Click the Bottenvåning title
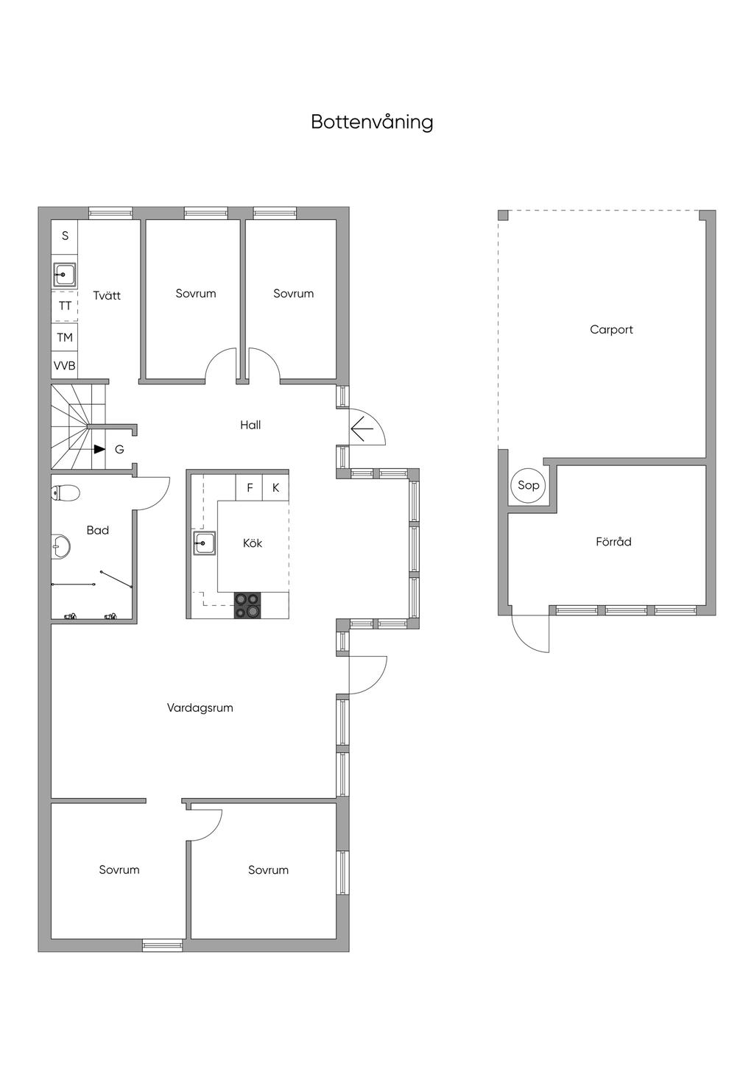[373, 122]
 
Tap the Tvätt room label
[107, 295]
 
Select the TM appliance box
[65, 337]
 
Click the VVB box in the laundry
[65, 365]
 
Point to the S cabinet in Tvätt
[65, 235]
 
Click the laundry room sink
[64, 275]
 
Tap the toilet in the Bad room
[65, 493]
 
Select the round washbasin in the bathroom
[61, 546]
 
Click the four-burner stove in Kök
[247, 605]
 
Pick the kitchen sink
[204, 543]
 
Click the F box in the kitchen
[250, 488]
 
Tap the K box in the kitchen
[275, 488]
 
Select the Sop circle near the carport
[528, 485]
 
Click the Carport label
[611, 329]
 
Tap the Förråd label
[613, 542]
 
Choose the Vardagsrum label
[200, 707]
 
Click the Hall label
[250, 425]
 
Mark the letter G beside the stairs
[119, 449]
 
